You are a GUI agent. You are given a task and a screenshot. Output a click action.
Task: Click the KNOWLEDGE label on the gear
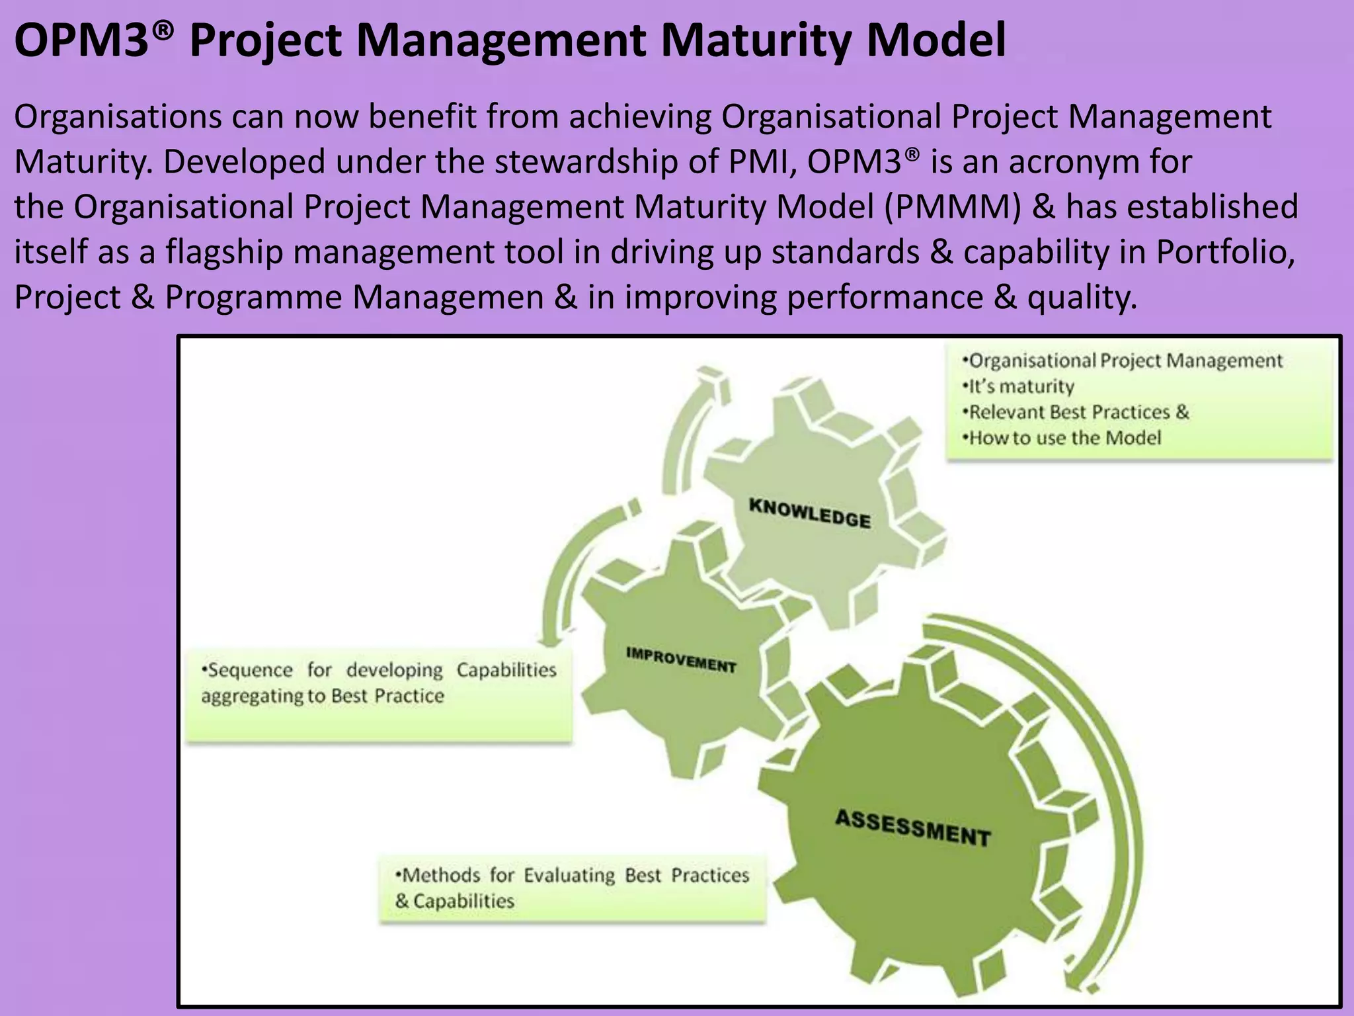tap(809, 513)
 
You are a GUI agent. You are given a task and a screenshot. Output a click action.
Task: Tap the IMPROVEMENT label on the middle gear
tap(680, 660)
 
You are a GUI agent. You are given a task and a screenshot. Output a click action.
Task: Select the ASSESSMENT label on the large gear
tap(912, 827)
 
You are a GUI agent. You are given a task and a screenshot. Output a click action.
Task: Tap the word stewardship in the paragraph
tap(586, 161)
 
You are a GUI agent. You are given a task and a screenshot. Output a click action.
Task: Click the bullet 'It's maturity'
tap(1018, 386)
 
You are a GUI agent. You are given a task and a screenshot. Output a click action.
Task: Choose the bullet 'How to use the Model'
tap(1062, 438)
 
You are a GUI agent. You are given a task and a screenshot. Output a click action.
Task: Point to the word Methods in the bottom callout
tap(440, 875)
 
